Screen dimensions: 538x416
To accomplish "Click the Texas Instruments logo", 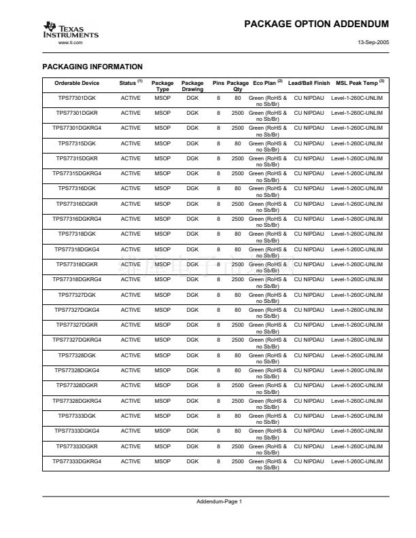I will click(x=70, y=31).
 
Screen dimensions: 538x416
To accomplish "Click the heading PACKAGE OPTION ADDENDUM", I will click(x=315, y=24).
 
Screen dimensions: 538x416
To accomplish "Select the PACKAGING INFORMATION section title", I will click(x=92, y=67).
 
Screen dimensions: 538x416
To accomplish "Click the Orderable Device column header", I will click(x=77, y=84).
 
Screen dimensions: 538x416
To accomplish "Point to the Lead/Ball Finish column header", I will click(x=309, y=84).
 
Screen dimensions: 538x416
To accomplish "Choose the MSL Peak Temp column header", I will click(x=360, y=84).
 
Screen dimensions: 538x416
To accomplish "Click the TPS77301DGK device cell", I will click(x=77, y=98).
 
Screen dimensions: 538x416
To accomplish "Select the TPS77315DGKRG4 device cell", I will click(x=77, y=173).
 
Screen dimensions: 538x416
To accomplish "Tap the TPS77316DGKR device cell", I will click(x=77, y=204).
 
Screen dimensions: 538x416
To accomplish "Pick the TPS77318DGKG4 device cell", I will click(x=77, y=249).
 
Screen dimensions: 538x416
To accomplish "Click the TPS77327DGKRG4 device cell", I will click(x=77, y=340).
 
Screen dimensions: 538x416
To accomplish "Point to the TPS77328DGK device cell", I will click(x=77, y=355).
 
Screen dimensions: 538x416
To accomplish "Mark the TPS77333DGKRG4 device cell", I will click(x=77, y=461).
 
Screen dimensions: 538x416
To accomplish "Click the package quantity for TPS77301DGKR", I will click(x=237, y=113).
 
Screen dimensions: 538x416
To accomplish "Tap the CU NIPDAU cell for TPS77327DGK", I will click(x=309, y=294).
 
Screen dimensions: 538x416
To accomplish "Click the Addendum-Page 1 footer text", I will click(x=219, y=501).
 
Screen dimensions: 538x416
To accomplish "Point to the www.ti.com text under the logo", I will click(x=71, y=42).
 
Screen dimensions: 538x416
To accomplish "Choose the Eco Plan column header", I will click(x=267, y=84).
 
